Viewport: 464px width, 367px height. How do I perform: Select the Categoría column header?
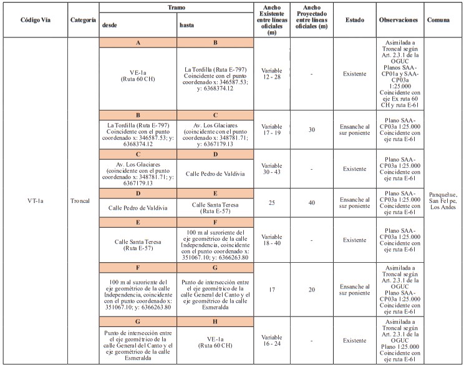click(x=82, y=20)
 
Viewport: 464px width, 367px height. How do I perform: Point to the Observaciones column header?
click(x=398, y=20)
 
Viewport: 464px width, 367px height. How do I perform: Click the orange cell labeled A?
click(x=137, y=42)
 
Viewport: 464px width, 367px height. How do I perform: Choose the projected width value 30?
click(x=311, y=129)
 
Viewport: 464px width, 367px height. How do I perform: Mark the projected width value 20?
click(x=311, y=290)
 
